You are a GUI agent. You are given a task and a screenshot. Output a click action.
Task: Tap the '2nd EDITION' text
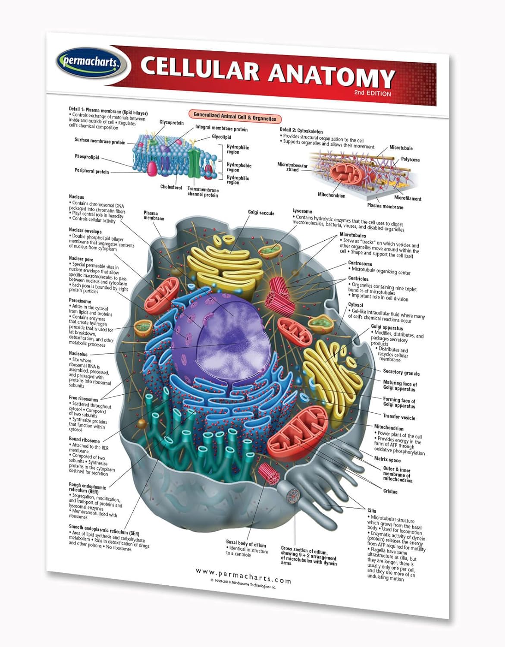(373, 93)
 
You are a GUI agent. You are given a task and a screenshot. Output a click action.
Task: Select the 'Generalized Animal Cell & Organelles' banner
(235, 116)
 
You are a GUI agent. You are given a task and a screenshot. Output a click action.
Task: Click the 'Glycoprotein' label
(171, 122)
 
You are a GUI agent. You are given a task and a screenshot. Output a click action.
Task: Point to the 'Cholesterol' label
(171, 187)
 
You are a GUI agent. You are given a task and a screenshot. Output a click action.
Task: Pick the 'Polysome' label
(410, 160)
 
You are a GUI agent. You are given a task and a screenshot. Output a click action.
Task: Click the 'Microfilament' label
(408, 198)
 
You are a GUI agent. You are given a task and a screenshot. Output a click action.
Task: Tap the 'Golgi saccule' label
(261, 213)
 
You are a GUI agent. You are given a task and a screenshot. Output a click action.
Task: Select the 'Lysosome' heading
(302, 211)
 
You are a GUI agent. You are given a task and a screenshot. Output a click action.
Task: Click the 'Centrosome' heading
(360, 264)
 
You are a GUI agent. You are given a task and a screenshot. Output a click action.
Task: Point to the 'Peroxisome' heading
(80, 301)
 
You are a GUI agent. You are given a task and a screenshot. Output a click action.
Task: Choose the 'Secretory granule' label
(401, 372)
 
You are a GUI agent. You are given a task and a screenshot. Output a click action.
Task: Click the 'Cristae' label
(390, 491)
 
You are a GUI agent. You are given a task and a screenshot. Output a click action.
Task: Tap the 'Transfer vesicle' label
(399, 417)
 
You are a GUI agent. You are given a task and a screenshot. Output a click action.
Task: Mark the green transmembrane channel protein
(194, 163)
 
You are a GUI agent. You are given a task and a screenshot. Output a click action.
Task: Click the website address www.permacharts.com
(243, 575)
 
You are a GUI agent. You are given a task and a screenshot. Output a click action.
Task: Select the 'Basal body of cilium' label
(246, 544)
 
